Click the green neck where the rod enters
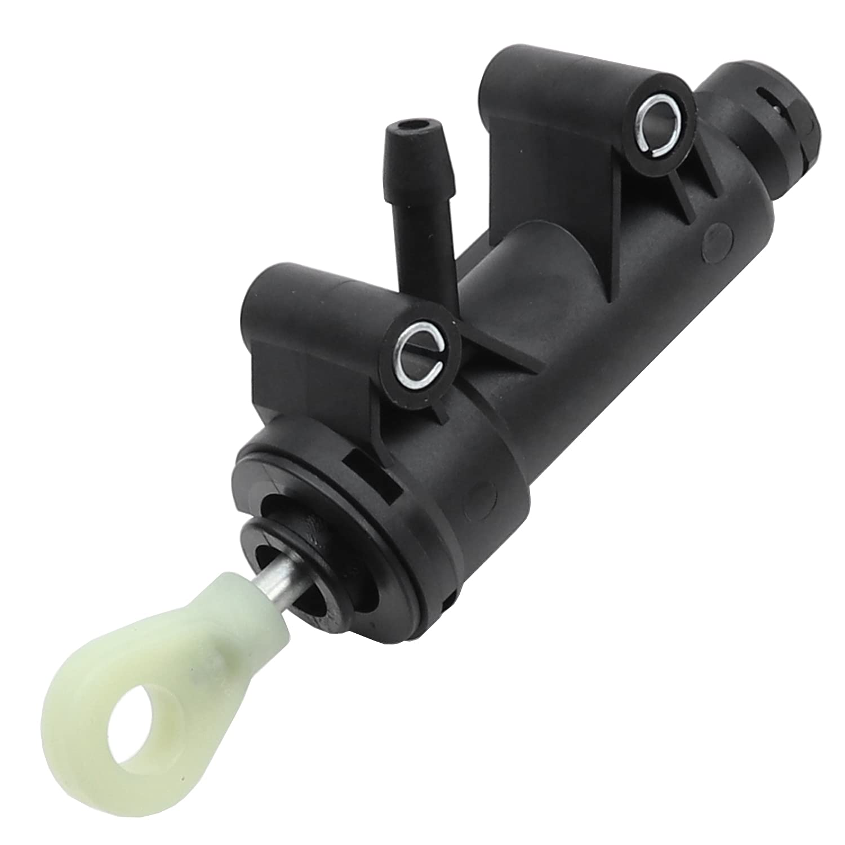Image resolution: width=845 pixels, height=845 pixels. (233, 608)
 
